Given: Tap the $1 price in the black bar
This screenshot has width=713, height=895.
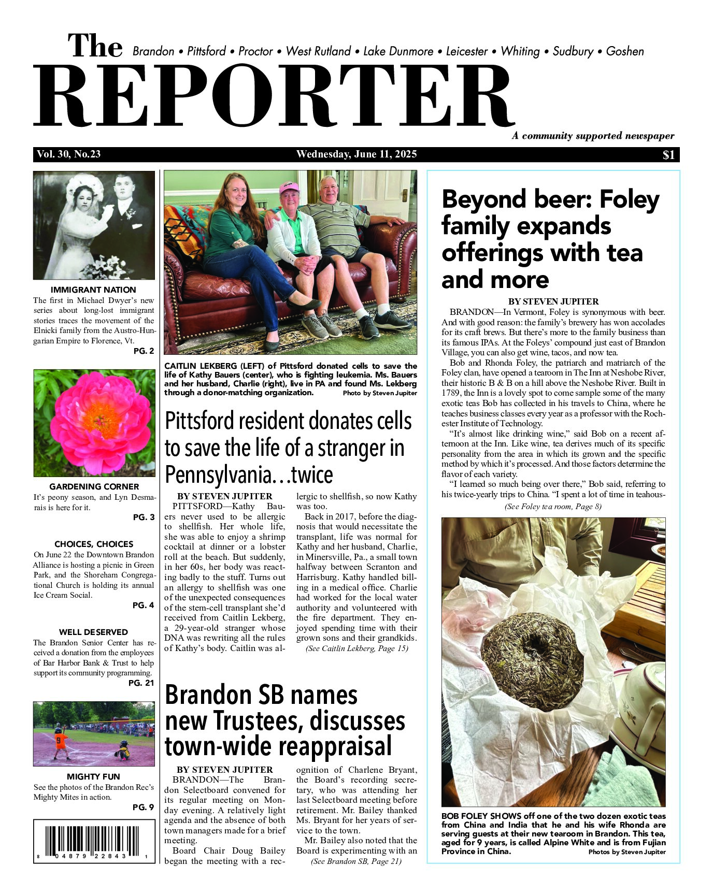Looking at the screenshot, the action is click(x=668, y=155).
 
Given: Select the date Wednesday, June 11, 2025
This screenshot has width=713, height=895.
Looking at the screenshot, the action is click(x=356, y=154).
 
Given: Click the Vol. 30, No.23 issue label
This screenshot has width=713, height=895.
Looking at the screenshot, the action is click(x=68, y=154).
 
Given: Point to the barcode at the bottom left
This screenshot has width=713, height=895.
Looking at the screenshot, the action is click(x=94, y=842).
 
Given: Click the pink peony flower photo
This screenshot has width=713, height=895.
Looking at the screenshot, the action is click(x=94, y=422).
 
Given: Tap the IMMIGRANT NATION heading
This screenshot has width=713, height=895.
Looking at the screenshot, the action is click(x=93, y=290).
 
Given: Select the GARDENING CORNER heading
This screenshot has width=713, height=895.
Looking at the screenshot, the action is click(x=94, y=486).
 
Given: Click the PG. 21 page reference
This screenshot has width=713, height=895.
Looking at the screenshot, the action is click(x=141, y=683).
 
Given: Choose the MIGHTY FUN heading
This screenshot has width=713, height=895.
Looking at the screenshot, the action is click(x=93, y=776).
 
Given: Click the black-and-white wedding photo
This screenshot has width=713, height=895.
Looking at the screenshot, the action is click(x=94, y=225).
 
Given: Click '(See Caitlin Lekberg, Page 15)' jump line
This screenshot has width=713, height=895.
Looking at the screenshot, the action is click(x=356, y=648).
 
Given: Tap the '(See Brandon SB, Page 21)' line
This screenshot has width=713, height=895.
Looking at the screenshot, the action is click(x=356, y=861).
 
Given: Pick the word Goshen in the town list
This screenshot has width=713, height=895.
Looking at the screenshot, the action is click(x=625, y=51).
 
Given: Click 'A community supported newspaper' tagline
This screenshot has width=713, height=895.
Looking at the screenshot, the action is click(x=593, y=136).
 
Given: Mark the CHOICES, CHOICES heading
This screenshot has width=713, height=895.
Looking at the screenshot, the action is click(x=94, y=544).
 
